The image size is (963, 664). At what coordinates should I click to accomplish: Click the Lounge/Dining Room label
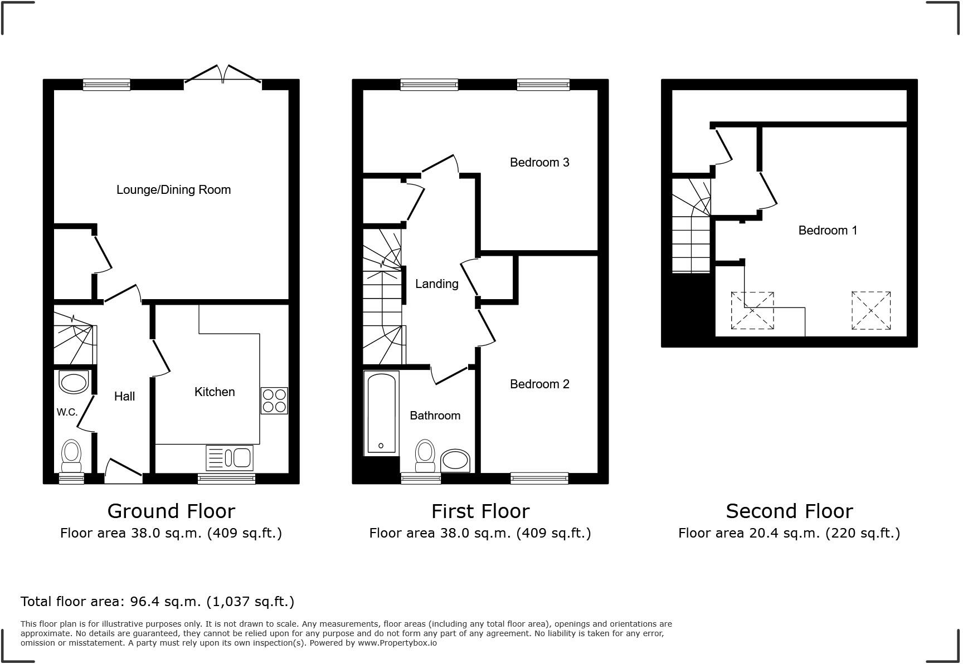[x=173, y=190]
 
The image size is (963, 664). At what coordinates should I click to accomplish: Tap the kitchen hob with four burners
[x=274, y=401]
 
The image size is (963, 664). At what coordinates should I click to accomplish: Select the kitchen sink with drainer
[x=230, y=458]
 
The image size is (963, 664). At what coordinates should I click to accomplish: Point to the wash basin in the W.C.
[x=74, y=383]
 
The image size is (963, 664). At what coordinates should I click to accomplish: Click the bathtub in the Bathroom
[x=382, y=413]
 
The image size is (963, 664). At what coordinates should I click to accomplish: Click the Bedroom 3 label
[x=539, y=163]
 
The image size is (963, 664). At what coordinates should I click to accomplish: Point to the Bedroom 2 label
[x=539, y=384]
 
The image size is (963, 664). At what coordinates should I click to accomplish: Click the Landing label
[x=436, y=284]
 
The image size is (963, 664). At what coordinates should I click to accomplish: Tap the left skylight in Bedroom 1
[x=752, y=310]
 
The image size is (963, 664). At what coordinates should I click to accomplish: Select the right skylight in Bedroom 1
[x=870, y=310]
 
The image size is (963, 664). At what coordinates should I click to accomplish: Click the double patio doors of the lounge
[x=223, y=75]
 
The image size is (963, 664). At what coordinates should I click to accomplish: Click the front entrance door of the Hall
[x=124, y=472]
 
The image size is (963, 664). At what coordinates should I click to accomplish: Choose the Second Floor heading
[x=789, y=511]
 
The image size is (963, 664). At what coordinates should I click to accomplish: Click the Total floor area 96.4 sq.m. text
[x=157, y=602]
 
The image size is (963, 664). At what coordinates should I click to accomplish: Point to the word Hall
[x=124, y=397]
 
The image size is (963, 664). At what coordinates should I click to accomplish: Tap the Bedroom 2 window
[x=539, y=478]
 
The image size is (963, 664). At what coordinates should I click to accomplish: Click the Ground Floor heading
[x=171, y=511]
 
